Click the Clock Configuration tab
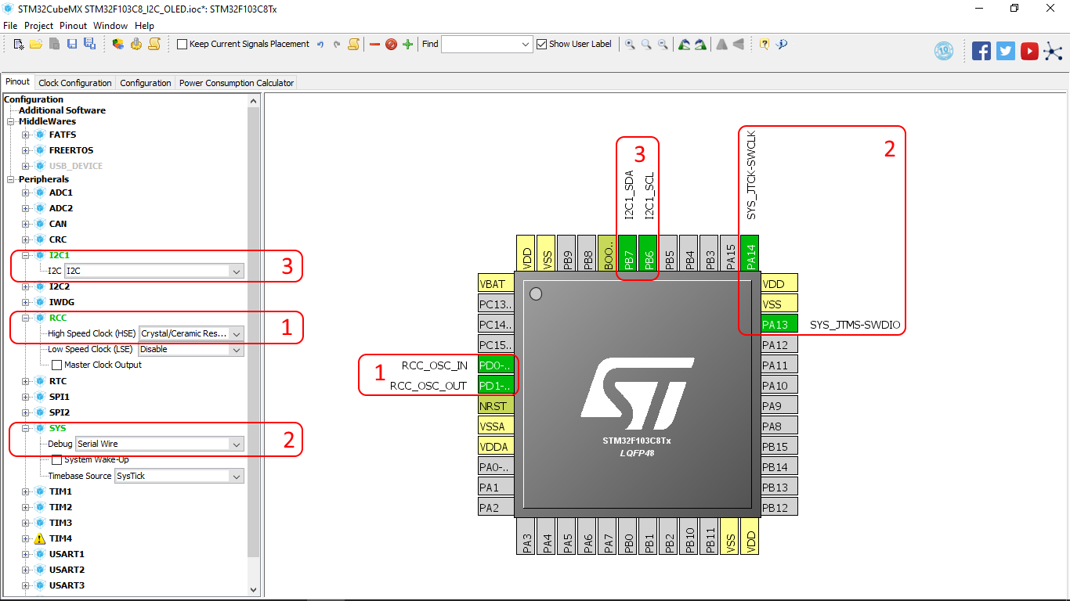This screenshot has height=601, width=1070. (x=75, y=83)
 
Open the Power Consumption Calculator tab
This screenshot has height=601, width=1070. (x=237, y=83)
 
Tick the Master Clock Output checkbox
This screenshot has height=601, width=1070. (x=56, y=365)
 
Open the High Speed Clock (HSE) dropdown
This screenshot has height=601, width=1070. (x=191, y=333)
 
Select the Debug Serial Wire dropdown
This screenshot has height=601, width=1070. (x=160, y=444)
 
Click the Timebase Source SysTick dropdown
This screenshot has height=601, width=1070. (x=179, y=476)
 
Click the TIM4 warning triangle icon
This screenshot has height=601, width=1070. (x=40, y=538)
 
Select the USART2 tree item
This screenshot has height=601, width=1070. (x=67, y=570)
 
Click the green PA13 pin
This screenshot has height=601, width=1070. (x=779, y=324)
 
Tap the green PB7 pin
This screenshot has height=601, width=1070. (x=627, y=254)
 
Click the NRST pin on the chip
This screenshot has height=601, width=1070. (x=496, y=406)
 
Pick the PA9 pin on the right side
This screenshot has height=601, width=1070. (x=779, y=406)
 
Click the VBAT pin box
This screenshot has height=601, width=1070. (x=496, y=284)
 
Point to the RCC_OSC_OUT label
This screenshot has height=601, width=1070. (x=428, y=386)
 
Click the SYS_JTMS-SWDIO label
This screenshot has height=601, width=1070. (x=855, y=324)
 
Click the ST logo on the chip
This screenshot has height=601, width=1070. (x=637, y=388)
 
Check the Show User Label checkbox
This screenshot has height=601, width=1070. (x=541, y=44)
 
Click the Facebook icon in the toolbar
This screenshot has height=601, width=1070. (x=981, y=51)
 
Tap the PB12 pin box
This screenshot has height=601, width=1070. (x=779, y=508)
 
